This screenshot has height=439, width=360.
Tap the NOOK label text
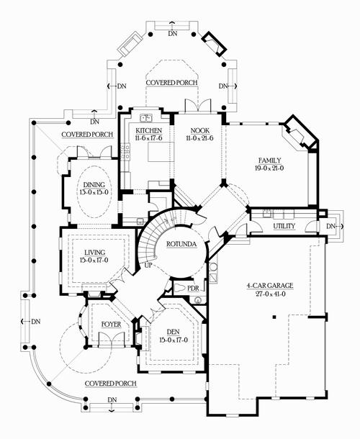[191, 131]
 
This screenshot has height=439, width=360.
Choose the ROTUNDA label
[182, 244]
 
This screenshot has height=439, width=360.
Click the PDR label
[193, 289]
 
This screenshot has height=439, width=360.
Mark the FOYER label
[111, 325]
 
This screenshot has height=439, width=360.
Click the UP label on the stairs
[150, 266]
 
